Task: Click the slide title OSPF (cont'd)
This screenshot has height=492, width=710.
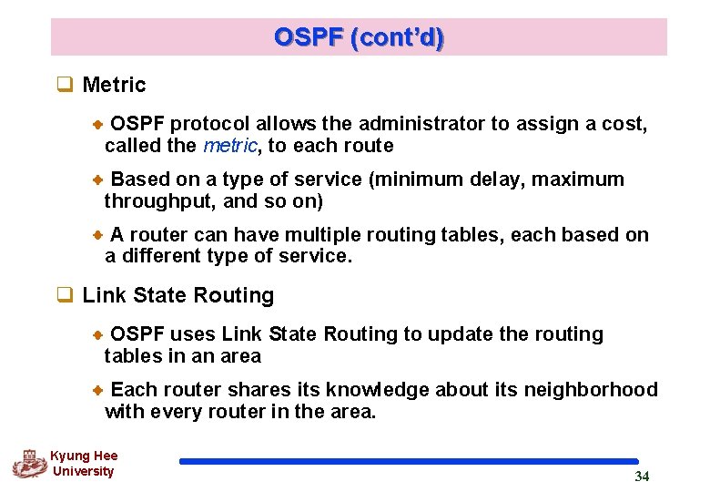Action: click(x=359, y=37)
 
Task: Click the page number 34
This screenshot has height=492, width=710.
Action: click(x=642, y=477)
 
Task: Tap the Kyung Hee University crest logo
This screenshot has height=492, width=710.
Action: click(x=28, y=464)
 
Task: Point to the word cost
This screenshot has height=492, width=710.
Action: click(x=624, y=123)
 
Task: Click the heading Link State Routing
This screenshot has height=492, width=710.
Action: click(x=177, y=295)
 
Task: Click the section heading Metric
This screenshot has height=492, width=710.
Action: click(x=114, y=85)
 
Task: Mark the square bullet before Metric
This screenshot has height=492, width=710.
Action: click(x=65, y=85)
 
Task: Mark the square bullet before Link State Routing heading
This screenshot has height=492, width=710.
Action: click(x=65, y=295)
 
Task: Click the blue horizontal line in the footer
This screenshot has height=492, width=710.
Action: click(x=409, y=462)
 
